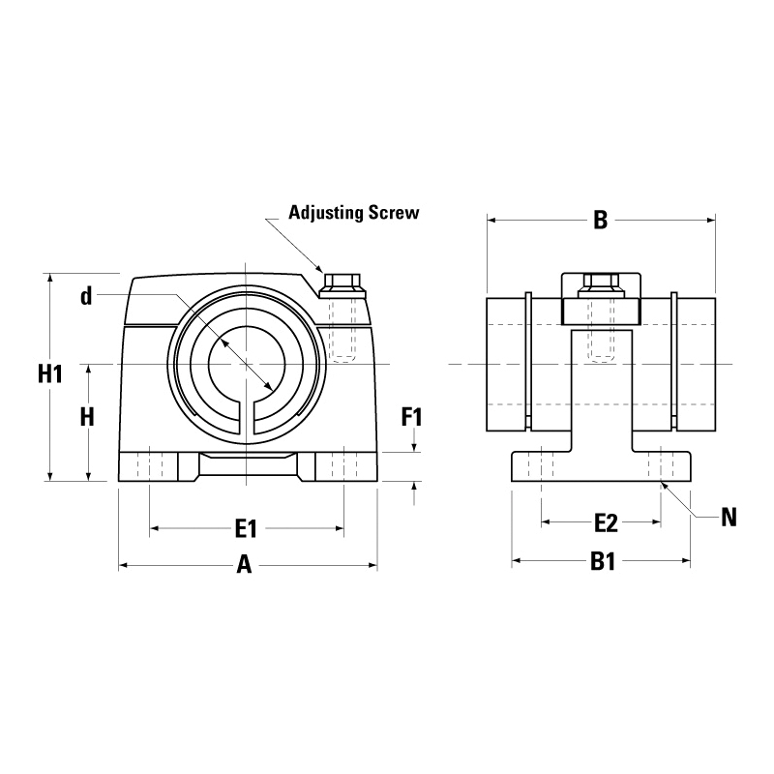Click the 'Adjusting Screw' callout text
[x=353, y=212]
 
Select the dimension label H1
[x=49, y=373]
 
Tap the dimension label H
[x=87, y=417]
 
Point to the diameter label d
[x=86, y=297]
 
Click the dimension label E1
[x=246, y=528]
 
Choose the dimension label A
[x=245, y=566]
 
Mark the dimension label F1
[x=413, y=418]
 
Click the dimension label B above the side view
[x=600, y=221]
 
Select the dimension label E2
[x=605, y=523]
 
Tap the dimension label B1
[x=604, y=561]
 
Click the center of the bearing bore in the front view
[x=248, y=364]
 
